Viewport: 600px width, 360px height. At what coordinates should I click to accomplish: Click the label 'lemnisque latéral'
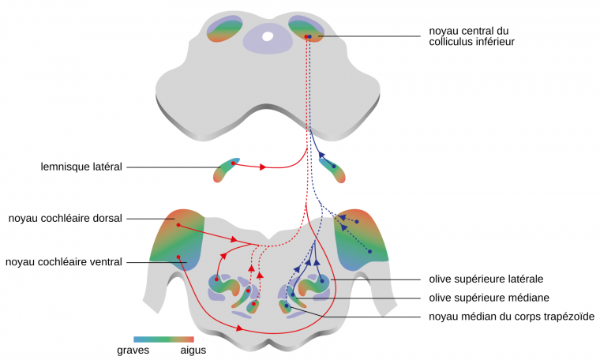pos(81,167)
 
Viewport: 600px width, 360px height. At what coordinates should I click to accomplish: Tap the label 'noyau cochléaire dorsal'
pos(65,219)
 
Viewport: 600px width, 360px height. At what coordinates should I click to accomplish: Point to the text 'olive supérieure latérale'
pos(486,279)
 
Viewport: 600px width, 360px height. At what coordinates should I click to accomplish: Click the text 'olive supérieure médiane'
pos(489,298)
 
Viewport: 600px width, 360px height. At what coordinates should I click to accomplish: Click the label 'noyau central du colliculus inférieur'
pos(471,36)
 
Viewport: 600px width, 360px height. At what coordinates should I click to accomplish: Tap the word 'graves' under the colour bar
pos(133,350)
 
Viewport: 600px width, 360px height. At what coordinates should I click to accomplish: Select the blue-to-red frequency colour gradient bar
pos(163,339)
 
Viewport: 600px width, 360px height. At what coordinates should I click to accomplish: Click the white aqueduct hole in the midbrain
pos(268,36)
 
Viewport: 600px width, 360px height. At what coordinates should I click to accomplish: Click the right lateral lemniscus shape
pos(332,168)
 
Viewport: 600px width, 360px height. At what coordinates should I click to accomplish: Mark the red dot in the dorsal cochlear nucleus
pos(179,225)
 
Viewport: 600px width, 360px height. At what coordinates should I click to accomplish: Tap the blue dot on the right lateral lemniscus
pos(334,167)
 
